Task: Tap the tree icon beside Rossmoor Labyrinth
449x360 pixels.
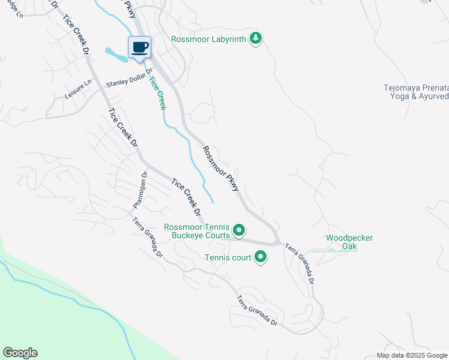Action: [x=256, y=38]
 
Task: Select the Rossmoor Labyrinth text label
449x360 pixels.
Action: [x=208, y=39]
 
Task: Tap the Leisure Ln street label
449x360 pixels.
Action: [x=79, y=89]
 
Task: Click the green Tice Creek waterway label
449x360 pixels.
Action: [x=157, y=92]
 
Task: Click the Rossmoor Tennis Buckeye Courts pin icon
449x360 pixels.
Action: [x=239, y=230]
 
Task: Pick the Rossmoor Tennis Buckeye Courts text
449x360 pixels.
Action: [x=197, y=231]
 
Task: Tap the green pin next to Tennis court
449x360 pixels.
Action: [x=261, y=257]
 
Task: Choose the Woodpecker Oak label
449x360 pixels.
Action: [x=349, y=242]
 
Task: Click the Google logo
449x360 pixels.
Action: [x=20, y=353]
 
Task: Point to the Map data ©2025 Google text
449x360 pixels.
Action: [x=412, y=355]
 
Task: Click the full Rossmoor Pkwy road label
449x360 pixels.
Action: [x=221, y=169]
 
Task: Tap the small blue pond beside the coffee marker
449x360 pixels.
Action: [x=116, y=55]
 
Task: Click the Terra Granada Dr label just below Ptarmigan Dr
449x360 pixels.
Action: [x=148, y=236]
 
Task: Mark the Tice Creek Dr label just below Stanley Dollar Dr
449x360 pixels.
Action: [x=124, y=128]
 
